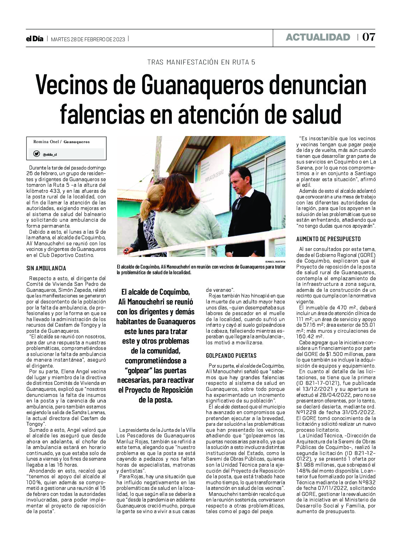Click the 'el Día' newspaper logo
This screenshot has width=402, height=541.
(34, 39)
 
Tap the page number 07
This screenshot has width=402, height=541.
(369, 37)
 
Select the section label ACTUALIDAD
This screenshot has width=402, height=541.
(318, 37)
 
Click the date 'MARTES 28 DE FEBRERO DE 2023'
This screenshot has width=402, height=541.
(88, 39)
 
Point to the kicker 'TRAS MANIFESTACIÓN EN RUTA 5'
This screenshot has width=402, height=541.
(201, 62)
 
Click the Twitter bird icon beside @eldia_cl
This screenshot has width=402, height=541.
(37, 154)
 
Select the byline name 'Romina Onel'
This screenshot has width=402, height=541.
(46, 142)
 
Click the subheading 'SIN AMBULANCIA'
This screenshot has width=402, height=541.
(46, 268)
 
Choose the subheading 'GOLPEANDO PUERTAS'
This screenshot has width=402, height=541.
(231, 356)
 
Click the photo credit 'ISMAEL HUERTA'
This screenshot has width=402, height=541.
(275, 262)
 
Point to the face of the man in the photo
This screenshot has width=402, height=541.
(240, 180)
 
